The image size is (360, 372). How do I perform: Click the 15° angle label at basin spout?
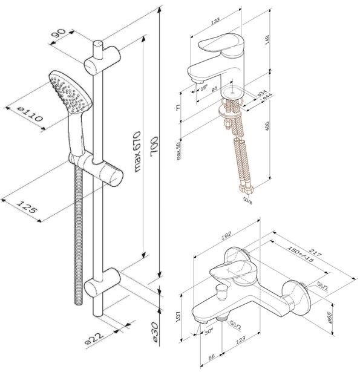click(x=203, y=88)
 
